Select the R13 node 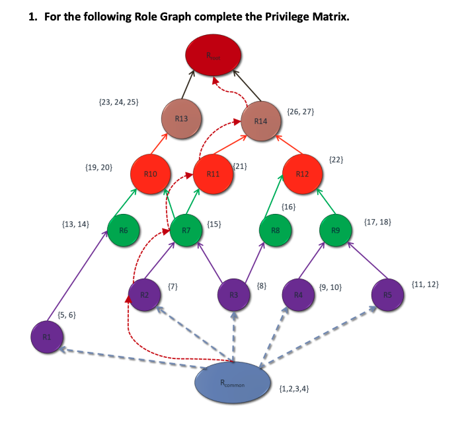(x=181, y=119)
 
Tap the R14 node (x=260, y=121)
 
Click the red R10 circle (x=151, y=174)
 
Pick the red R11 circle (x=213, y=174)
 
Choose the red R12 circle (x=302, y=174)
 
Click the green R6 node (x=124, y=230)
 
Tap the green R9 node (x=336, y=230)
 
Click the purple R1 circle (x=46, y=337)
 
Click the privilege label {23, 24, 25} (x=118, y=102)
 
